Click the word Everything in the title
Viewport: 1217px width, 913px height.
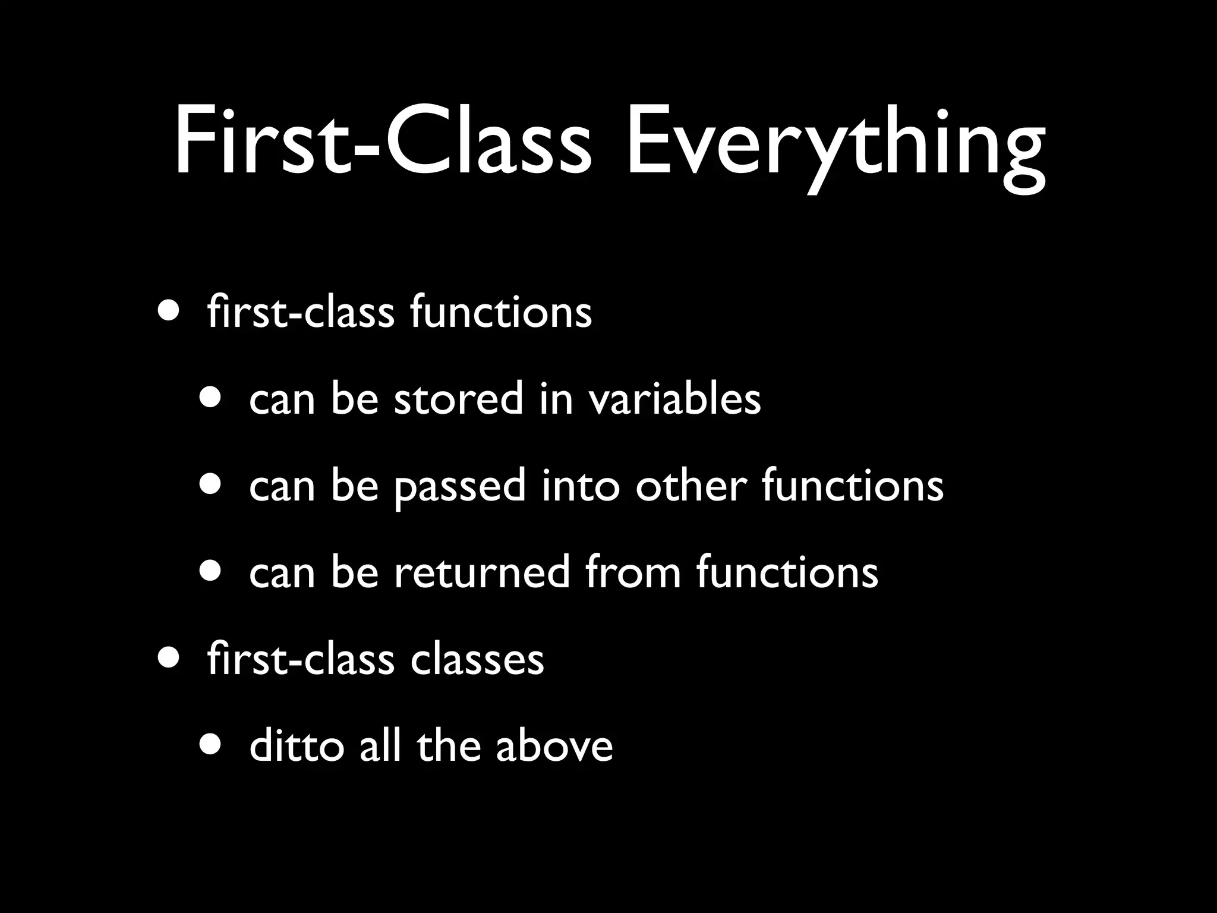835,146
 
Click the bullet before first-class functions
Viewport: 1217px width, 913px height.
170,311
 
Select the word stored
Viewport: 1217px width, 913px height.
458,398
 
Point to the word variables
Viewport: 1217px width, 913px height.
674,398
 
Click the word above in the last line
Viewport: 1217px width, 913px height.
554,746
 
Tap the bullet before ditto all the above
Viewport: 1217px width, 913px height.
212,744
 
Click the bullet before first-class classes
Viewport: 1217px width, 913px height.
170,658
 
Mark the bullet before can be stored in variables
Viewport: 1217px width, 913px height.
212,398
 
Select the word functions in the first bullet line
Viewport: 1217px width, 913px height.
501,312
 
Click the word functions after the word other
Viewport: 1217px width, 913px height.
852,485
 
